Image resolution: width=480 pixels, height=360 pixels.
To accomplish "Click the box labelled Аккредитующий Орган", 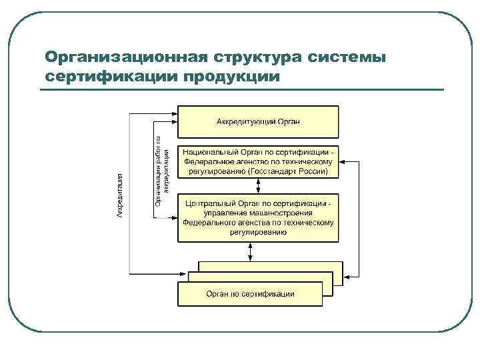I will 258,122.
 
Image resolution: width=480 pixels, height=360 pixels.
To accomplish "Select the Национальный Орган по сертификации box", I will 258,160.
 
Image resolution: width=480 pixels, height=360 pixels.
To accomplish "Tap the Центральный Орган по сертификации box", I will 258,217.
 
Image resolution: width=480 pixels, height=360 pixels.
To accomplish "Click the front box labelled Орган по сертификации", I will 250,293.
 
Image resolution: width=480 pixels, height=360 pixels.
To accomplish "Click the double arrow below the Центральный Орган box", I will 251,251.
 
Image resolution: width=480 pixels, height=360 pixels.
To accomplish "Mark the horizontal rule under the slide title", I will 241,89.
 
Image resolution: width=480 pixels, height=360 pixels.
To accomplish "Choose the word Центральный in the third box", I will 212,202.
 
